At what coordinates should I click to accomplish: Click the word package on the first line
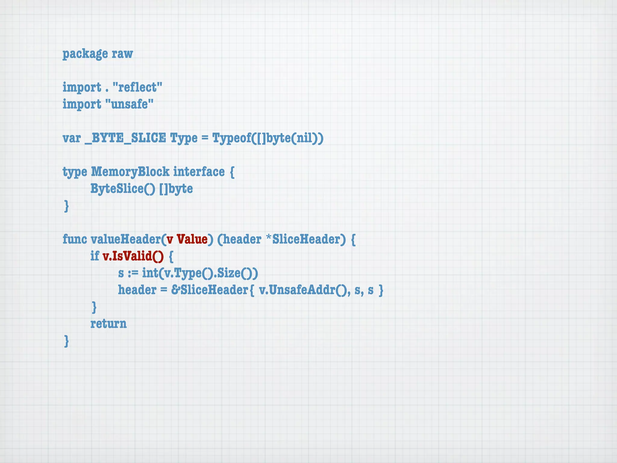[85, 54]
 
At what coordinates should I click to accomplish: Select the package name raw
[122, 54]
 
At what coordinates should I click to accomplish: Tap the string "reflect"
[137, 87]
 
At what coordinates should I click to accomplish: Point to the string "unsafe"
[130, 104]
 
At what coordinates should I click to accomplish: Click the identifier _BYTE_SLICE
[125, 138]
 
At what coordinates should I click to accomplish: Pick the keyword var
[72, 138]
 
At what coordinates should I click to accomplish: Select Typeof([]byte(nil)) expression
[268, 138]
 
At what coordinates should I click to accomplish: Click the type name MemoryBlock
[130, 172]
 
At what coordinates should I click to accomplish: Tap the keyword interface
[199, 172]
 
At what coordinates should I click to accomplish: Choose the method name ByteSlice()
[123, 189]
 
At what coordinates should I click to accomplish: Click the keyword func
[75, 239]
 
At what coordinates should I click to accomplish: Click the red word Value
[192, 239]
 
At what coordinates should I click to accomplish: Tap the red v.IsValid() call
[133, 256]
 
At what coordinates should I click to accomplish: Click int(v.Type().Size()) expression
[200, 273]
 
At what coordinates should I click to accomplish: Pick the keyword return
[108, 324]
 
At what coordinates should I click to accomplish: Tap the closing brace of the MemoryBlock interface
[67, 206]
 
